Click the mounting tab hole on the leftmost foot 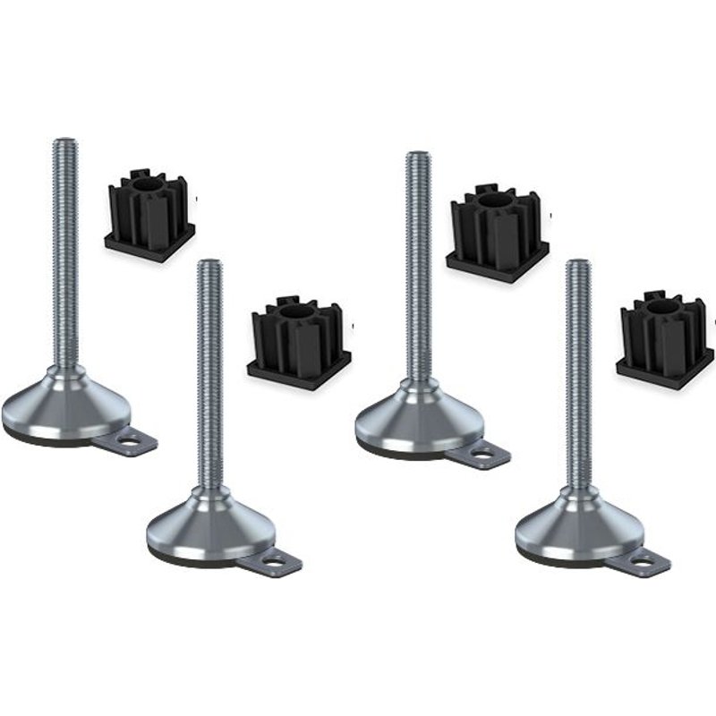(135, 440)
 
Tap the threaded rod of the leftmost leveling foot (64, 251)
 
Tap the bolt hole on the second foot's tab (279, 563)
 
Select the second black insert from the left (299, 337)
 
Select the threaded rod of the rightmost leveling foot (578, 376)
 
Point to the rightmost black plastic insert (663, 339)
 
